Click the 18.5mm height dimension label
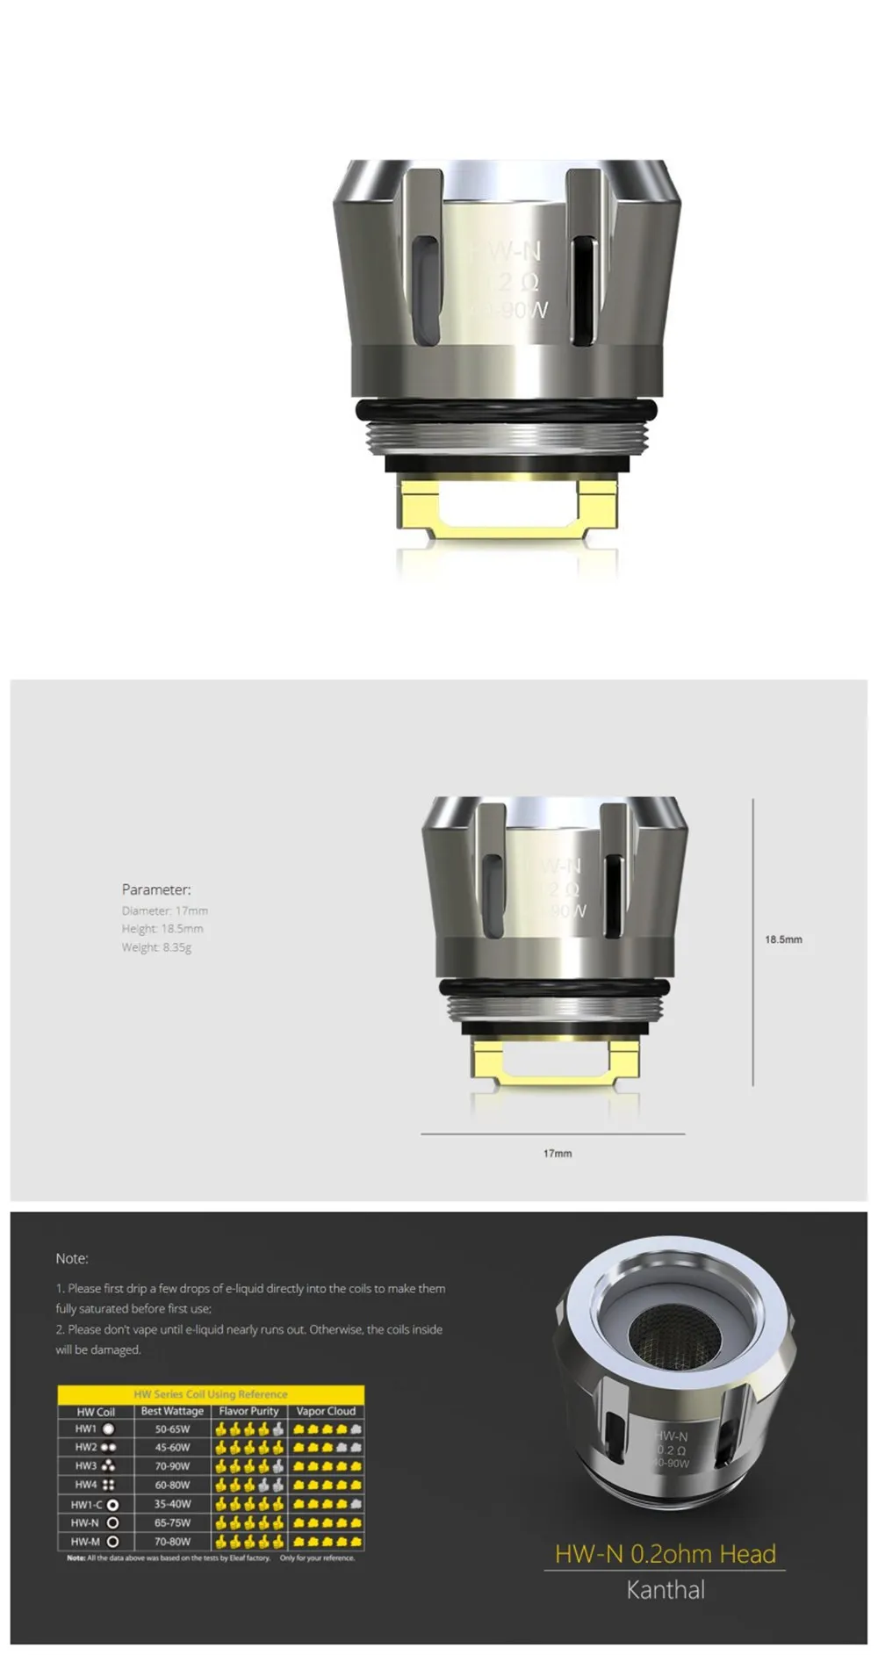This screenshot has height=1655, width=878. tap(782, 939)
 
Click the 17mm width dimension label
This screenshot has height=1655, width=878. tap(557, 1153)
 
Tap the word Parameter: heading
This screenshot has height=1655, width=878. tap(156, 889)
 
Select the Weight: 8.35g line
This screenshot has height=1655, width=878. tap(156, 947)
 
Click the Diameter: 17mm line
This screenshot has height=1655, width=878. tap(165, 910)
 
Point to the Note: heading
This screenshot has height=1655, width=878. tap(72, 1258)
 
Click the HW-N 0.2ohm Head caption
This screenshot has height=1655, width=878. tap(665, 1554)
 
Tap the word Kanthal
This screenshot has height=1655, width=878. tap(665, 1590)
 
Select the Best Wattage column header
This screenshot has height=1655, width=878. tap(172, 1411)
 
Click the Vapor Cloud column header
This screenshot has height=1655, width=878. tap(326, 1411)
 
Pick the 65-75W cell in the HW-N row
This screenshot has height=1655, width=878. tap(172, 1522)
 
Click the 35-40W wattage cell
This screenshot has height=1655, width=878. tap(172, 1504)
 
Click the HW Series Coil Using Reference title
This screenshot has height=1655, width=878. tap(211, 1394)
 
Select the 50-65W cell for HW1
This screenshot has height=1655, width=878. tap(172, 1429)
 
